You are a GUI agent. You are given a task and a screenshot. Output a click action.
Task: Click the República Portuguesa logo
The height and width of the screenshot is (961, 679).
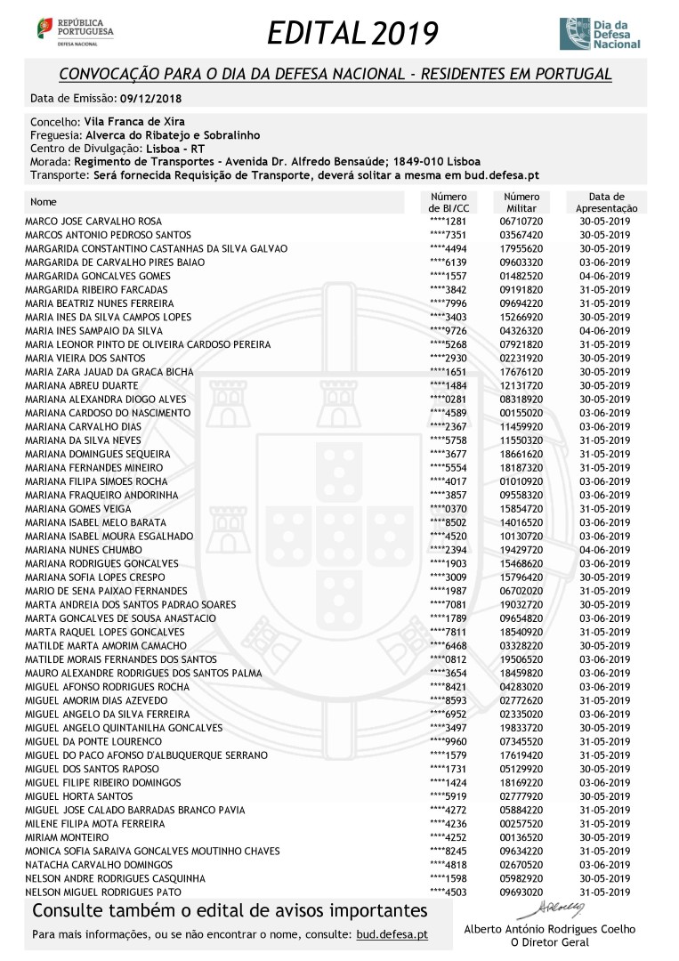pyautogui.click(x=75, y=30)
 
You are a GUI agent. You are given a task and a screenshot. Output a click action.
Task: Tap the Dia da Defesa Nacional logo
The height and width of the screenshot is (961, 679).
pyautogui.click(x=599, y=33)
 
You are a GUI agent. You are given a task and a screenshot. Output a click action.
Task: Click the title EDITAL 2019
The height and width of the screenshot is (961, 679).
pyautogui.click(x=352, y=34)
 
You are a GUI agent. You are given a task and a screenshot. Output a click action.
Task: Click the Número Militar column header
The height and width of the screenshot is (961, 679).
pyautogui.click(x=521, y=202)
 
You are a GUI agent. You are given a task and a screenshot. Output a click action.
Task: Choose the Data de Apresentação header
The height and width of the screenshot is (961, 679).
pyautogui.click(x=606, y=202)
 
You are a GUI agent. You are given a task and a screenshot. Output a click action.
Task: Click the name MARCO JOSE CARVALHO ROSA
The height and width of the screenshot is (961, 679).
pyautogui.click(x=93, y=222)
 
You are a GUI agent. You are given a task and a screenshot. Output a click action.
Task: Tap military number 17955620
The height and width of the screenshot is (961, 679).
pyautogui.click(x=521, y=249)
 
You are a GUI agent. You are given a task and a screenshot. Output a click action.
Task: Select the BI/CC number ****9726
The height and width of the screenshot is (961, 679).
pyautogui.click(x=448, y=331)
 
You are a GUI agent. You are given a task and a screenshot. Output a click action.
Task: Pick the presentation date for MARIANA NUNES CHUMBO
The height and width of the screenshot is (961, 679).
pyautogui.click(x=603, y=550)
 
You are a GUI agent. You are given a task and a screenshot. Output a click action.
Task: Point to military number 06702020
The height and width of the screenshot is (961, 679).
pyautogui.click(x=521, y=591)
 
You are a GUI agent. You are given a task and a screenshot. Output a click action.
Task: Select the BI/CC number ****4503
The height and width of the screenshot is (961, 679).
pyautogui.click(x=448, y=892)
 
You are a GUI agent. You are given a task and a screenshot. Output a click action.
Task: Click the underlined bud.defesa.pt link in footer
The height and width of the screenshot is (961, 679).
pyautogui.click(x=392, y=935)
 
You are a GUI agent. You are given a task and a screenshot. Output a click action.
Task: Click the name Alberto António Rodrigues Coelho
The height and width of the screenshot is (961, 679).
pyautogui.click(x=550, y=929)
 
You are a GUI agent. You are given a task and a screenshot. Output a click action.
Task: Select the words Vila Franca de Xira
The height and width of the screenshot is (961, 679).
pyautogui.click(x=133, y=121)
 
